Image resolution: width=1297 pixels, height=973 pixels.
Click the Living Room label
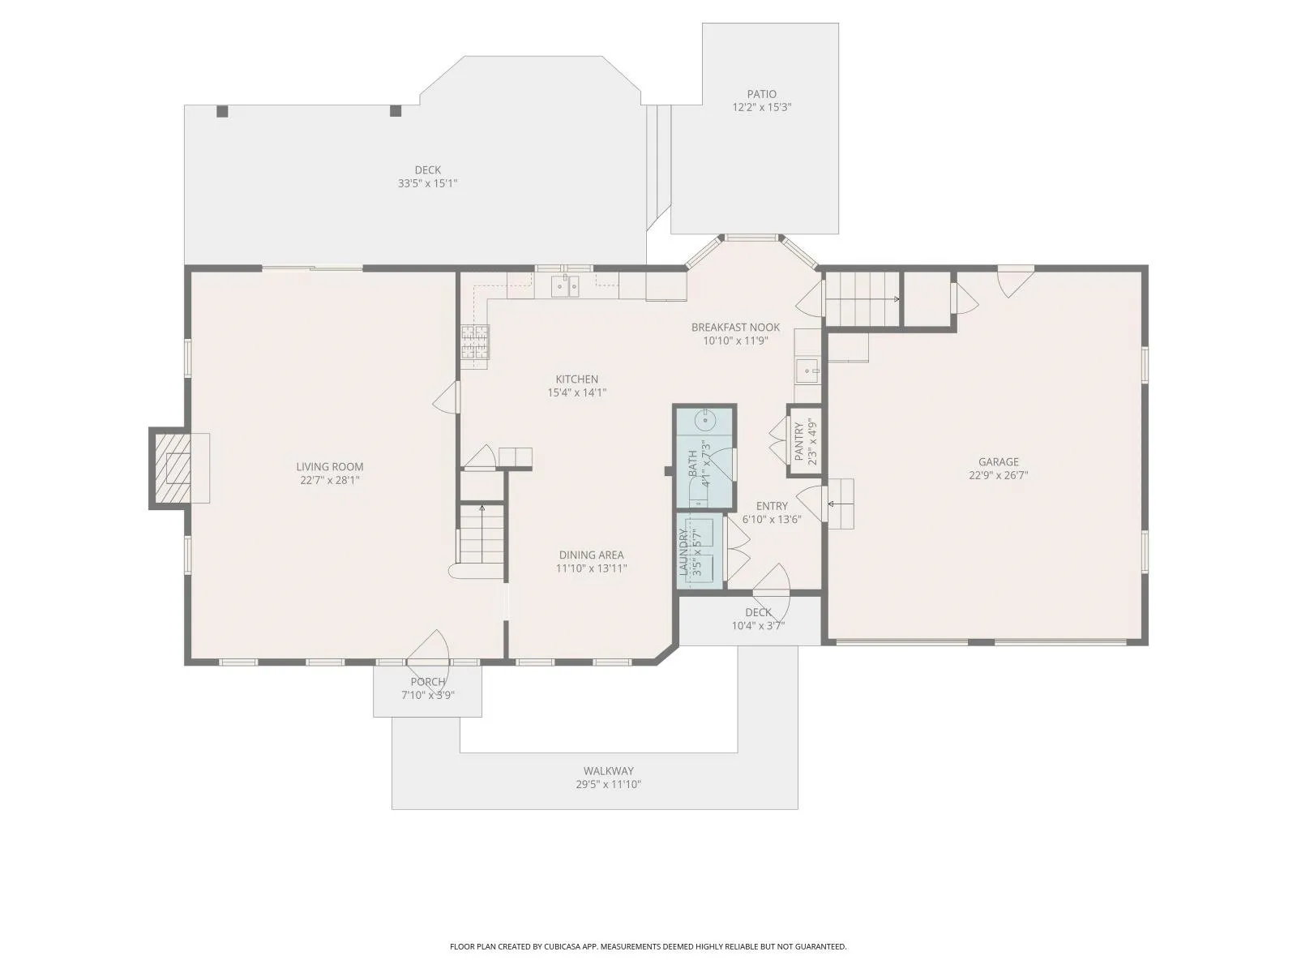(330, 467)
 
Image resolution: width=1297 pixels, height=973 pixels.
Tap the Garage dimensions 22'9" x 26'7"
(999, 475)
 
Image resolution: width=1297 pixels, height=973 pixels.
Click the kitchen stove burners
(476, 342)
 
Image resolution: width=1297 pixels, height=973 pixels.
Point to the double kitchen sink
(566, 286)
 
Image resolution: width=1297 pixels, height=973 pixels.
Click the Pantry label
(799, 441)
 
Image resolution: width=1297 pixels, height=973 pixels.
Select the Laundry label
(683, 552)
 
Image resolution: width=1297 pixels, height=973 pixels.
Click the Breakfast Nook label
(736, 328)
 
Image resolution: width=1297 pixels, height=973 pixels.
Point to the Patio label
(762, 94)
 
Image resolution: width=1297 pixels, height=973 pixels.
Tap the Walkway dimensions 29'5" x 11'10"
(609, 785)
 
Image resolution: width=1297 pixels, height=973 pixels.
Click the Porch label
(428, 682)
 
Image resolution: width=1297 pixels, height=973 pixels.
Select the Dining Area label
(592, 555)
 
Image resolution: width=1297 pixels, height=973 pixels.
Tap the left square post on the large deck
(222, 111)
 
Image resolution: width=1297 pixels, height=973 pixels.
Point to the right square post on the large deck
(396, 111)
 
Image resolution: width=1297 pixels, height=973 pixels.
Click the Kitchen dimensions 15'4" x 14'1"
(577, 392)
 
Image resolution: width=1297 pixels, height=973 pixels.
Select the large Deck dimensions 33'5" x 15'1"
(428, 183)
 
